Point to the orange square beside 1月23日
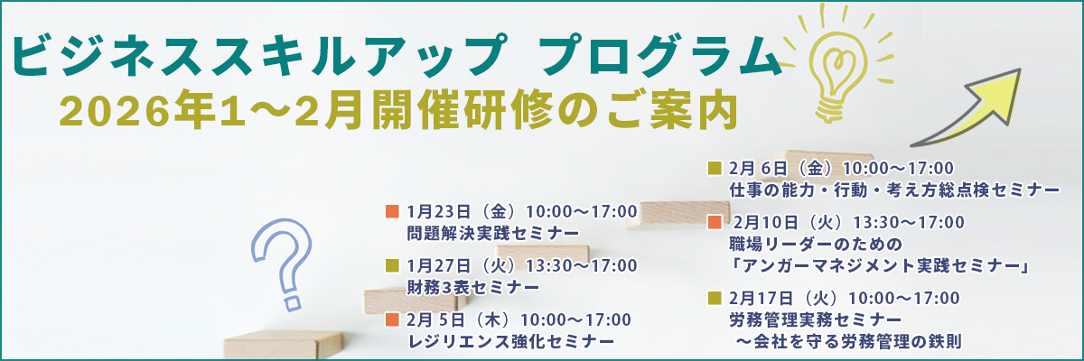(x=392, y=212)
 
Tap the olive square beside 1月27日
(x=392, y=266)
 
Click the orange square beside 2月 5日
(x=392, y=319)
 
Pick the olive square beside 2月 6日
(x=715, y=168)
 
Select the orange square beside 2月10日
(x=715, y=222)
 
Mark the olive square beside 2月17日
(x=715, y=298)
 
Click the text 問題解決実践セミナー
(x=493, y=234)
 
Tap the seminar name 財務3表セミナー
(x=472, y=288)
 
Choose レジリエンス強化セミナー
(x=511, y=342)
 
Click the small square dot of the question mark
(x=292, y=303)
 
